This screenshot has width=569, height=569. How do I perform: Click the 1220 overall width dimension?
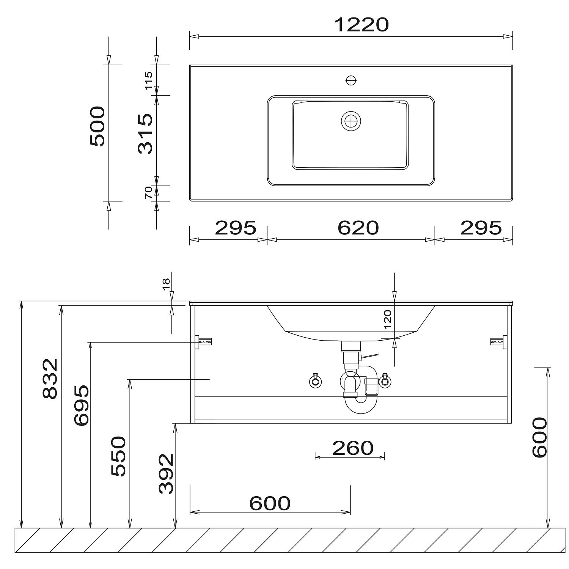[x=362, y=25]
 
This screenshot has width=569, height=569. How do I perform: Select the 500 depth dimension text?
[x=98, y=126]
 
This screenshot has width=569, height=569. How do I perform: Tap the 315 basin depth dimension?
[x=146, y=134]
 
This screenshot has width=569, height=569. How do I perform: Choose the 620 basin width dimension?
[x=358, y=228]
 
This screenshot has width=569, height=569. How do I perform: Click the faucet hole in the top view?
[x=351, y=80]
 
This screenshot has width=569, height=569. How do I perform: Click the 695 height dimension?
[x=82, y=405]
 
